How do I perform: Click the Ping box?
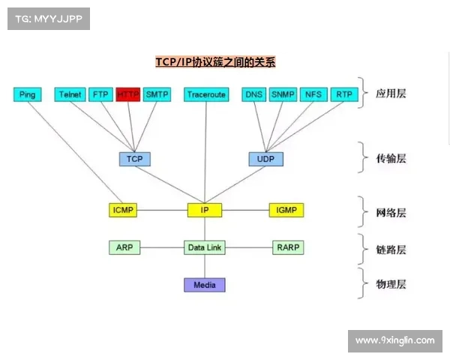tap(28, 94)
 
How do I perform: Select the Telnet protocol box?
tap(70, 94)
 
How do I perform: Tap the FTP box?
tap(100, 94)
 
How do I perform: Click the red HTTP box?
tap(128, 94)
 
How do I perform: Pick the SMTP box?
tap(157, 94)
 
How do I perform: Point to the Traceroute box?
tap(206, 94)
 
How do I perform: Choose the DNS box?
tap(254, 94)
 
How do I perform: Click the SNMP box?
tap(283, 94)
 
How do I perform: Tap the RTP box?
tap(343, 94)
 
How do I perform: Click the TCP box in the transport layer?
tap(135, 159)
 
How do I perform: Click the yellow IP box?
tap(205, 210)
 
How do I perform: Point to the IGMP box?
tap(286, 210)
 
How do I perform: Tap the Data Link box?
tap(205, 247)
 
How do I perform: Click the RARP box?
tap(289, 247)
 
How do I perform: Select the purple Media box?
tap(205, 285)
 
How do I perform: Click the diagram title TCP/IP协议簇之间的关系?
tap(215, 62)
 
